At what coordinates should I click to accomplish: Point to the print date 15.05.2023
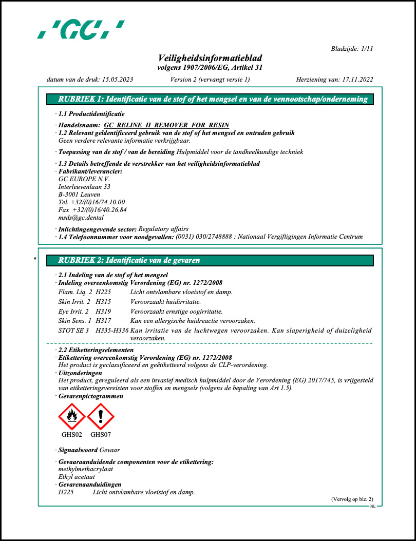point(118,80)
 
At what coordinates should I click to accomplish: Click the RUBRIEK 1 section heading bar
point(210,100)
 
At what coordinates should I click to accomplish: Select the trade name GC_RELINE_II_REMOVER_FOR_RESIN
point(166,125)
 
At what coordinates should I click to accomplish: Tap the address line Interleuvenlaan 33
point(84,187)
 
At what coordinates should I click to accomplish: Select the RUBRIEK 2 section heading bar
point(210,260)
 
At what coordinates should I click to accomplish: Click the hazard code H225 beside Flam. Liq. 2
point(104,292)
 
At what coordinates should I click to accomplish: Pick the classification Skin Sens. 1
point(74,321)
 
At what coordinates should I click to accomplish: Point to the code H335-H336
point(112,331)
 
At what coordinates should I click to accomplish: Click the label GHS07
point(101,435)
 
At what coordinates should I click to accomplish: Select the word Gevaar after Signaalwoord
point(109,450)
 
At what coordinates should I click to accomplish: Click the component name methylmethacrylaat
point(85,469)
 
